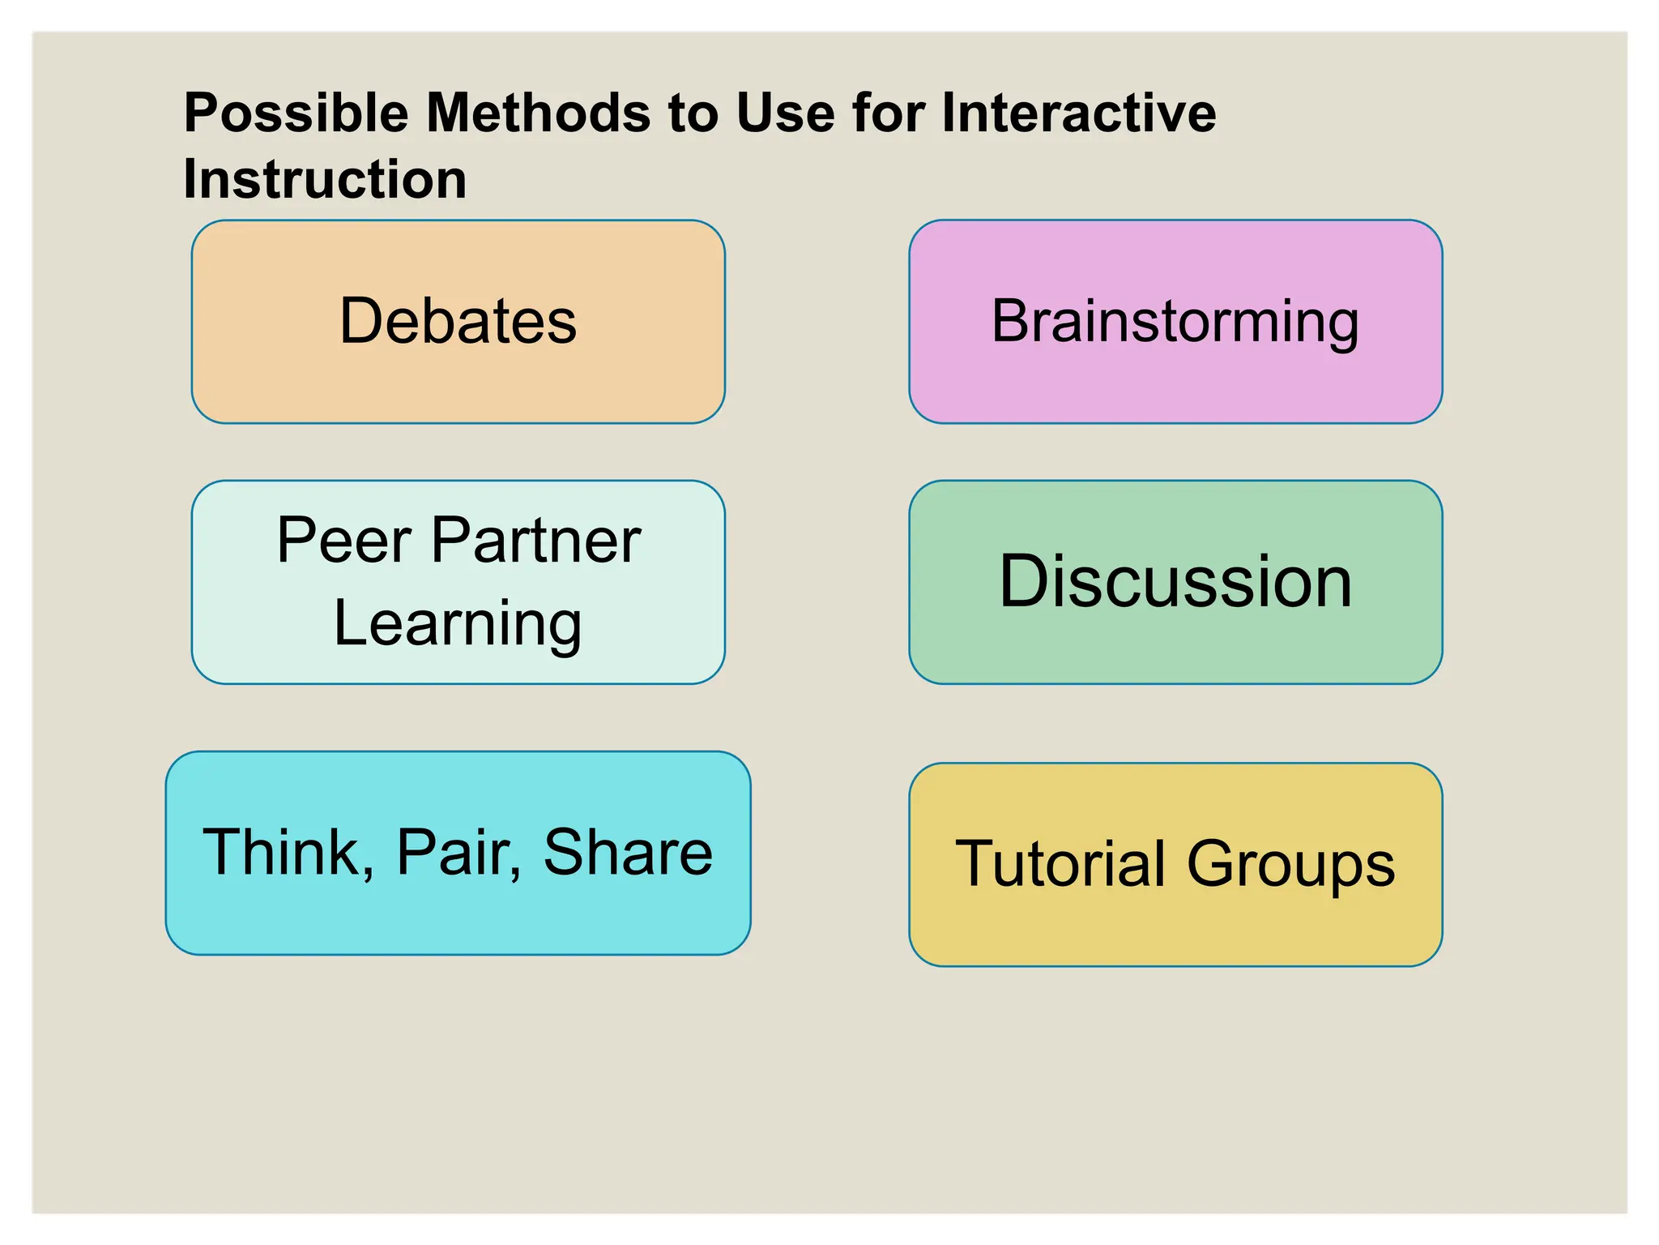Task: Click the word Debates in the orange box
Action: point(458,321)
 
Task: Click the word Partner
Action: point(535,541)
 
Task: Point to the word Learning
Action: point(458,623)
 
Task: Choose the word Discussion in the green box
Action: point(1175,581)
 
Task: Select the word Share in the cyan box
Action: point(628,852)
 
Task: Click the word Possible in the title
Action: point(296,113)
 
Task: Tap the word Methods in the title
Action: point(539,113)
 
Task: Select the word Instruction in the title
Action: point(325,179)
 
